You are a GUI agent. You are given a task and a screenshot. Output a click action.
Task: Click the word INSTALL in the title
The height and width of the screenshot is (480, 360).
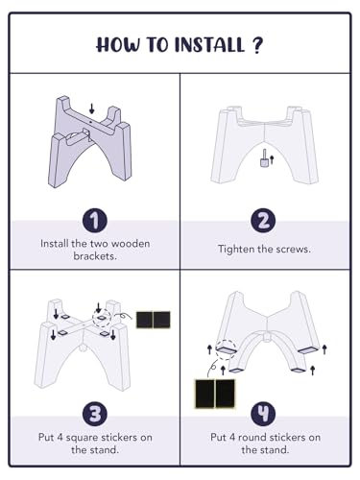[x=209, y=44]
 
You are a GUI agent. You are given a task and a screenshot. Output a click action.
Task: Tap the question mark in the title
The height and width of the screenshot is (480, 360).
[x=257, y=45]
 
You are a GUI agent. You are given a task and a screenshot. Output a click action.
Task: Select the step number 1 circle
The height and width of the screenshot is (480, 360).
[x=95, y=221]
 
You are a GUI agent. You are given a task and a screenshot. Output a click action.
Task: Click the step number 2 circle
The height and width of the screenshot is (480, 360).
[x=263, y=221]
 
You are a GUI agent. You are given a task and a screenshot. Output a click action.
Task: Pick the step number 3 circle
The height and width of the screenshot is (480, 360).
[x=95, y=414]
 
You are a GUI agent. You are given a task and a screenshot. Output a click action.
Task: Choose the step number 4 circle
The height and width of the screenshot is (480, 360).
[x=263, y=414]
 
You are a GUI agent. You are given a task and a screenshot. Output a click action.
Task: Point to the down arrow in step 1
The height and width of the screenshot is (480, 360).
[x=92, y=108]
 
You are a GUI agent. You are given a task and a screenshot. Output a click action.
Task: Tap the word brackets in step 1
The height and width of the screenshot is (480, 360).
[x=95, y=256]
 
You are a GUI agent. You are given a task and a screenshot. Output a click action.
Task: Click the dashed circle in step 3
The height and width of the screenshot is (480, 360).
[x=102, y=318]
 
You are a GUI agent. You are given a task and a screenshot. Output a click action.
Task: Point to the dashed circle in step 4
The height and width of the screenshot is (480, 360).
[x=226, y=349]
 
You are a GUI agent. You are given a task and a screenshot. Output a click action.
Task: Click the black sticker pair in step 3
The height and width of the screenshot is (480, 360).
[x=154, y=320]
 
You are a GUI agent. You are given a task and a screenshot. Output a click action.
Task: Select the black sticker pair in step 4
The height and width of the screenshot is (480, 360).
[x=215, y=394]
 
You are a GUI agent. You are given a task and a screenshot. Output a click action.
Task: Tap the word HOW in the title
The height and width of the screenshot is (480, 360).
[x=118, y=44]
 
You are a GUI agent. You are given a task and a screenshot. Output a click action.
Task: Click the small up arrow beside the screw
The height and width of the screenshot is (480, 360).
[x=272, y=159]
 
